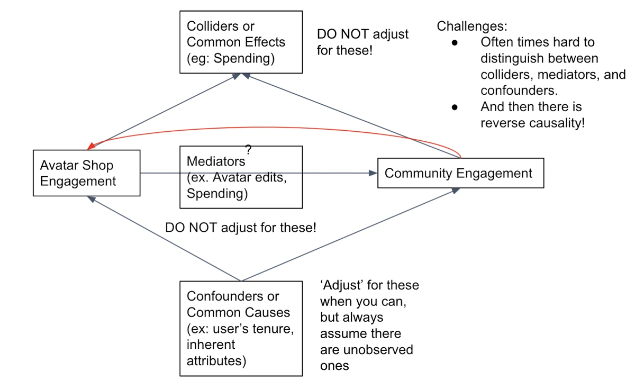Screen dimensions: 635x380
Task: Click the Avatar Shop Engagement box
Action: tap(86, 173)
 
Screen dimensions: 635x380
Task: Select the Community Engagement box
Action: tap(461, 173)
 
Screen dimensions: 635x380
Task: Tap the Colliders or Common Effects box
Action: tap(241, 42)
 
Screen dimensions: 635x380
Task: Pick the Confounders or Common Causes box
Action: tap(241, 329)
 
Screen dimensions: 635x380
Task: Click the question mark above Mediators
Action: tap(248, 149)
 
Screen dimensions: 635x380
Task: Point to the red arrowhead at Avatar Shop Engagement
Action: tap(91, 146)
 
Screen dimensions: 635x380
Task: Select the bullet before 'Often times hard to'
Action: tap(455, 42)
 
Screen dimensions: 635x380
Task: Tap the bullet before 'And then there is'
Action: tap(455, 107)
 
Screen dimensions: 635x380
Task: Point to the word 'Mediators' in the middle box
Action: tap(216, 161)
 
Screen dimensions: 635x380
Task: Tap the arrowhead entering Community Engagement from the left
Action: tap(373, 173)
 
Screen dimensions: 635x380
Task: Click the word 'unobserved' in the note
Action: tap(378, 350)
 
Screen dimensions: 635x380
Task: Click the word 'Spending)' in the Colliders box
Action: tap(244, 59)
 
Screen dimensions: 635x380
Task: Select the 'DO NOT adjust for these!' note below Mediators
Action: tap(241, 228)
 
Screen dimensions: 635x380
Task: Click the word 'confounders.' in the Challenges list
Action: tap(519, 91)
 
